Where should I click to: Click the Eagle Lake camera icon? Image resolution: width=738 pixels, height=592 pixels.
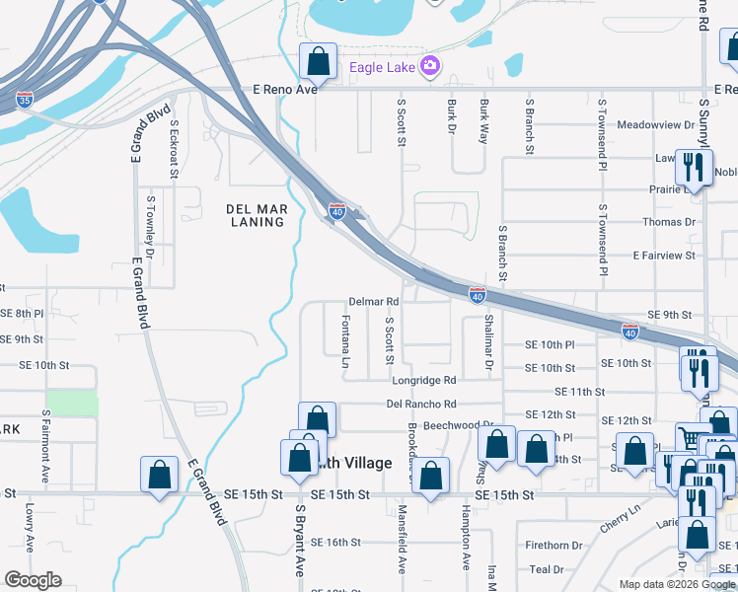[430, 67]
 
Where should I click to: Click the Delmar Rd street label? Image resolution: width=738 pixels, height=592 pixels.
[373, 302]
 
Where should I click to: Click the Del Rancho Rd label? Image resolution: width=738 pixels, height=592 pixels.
[421, 404]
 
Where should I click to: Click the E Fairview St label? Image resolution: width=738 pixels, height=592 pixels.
[664, 256]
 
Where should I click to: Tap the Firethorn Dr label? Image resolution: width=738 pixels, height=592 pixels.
[553, 545]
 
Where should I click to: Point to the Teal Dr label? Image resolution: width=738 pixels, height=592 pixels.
[546, 569]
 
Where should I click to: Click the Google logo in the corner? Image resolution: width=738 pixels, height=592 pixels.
[33, 580]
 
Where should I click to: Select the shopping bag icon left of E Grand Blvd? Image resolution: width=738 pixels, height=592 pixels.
[159, 476]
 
